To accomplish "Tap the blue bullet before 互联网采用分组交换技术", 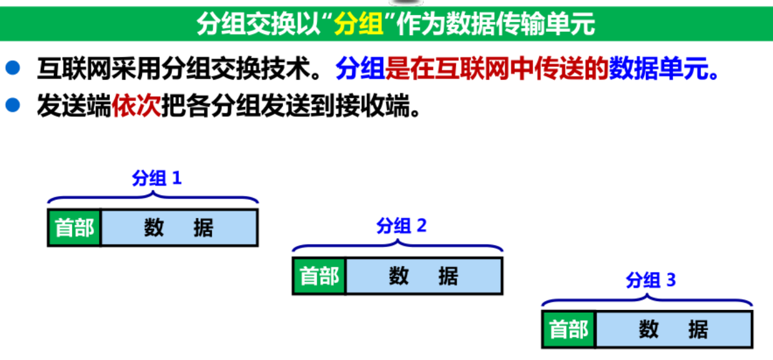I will (x=13, y=68).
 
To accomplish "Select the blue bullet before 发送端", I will (x=13, y=105).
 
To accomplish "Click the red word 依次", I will (x=136, y=106).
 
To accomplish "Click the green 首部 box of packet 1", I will (x=75, y=228).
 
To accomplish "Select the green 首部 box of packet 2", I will (x=319, y=276).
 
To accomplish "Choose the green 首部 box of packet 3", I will (x=569, y=330).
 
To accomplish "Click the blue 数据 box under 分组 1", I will (x=179, y=228).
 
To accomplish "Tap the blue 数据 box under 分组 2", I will (x=423, y=276).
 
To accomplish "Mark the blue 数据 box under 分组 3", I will (x=673, y=330).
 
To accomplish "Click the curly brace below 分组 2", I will (x=398, y=245).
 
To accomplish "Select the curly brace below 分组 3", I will (x=647, y=299).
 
